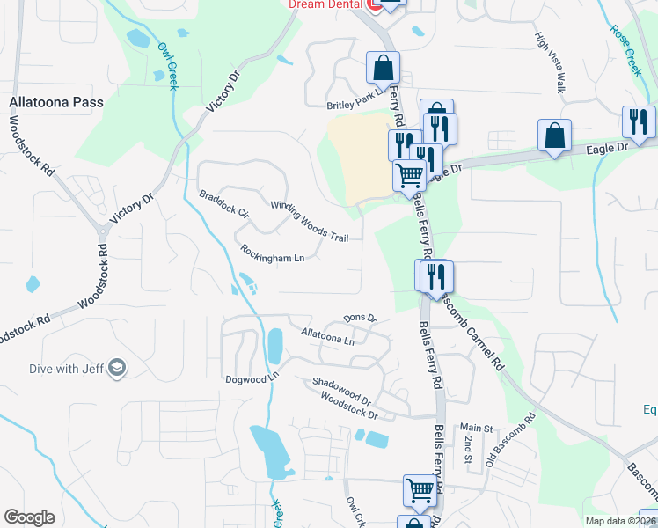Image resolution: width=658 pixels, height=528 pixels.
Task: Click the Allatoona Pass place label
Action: pos(56,102)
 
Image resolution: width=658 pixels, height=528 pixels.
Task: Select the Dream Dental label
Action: pos(325,4)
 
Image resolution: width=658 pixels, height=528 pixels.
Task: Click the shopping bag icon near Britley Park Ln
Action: pos(383,67)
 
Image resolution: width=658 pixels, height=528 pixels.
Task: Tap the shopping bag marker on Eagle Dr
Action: pos(554,136)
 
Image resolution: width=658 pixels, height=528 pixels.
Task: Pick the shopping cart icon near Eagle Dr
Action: pos(409,175)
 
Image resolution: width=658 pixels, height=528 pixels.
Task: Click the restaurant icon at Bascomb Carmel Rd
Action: pos(434,275)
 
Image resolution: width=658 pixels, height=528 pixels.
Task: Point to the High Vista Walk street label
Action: pos(550,63)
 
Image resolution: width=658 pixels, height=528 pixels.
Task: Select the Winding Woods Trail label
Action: pos(310,221)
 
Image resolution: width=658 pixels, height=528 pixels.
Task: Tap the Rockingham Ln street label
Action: pos(272,253)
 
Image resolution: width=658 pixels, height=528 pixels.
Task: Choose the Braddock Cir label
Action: pos(224,204)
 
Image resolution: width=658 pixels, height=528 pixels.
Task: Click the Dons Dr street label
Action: pos(360,318)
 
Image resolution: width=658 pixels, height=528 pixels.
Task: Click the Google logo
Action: pos(30,517)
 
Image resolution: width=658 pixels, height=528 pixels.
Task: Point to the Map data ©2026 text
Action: pos(618,520)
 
